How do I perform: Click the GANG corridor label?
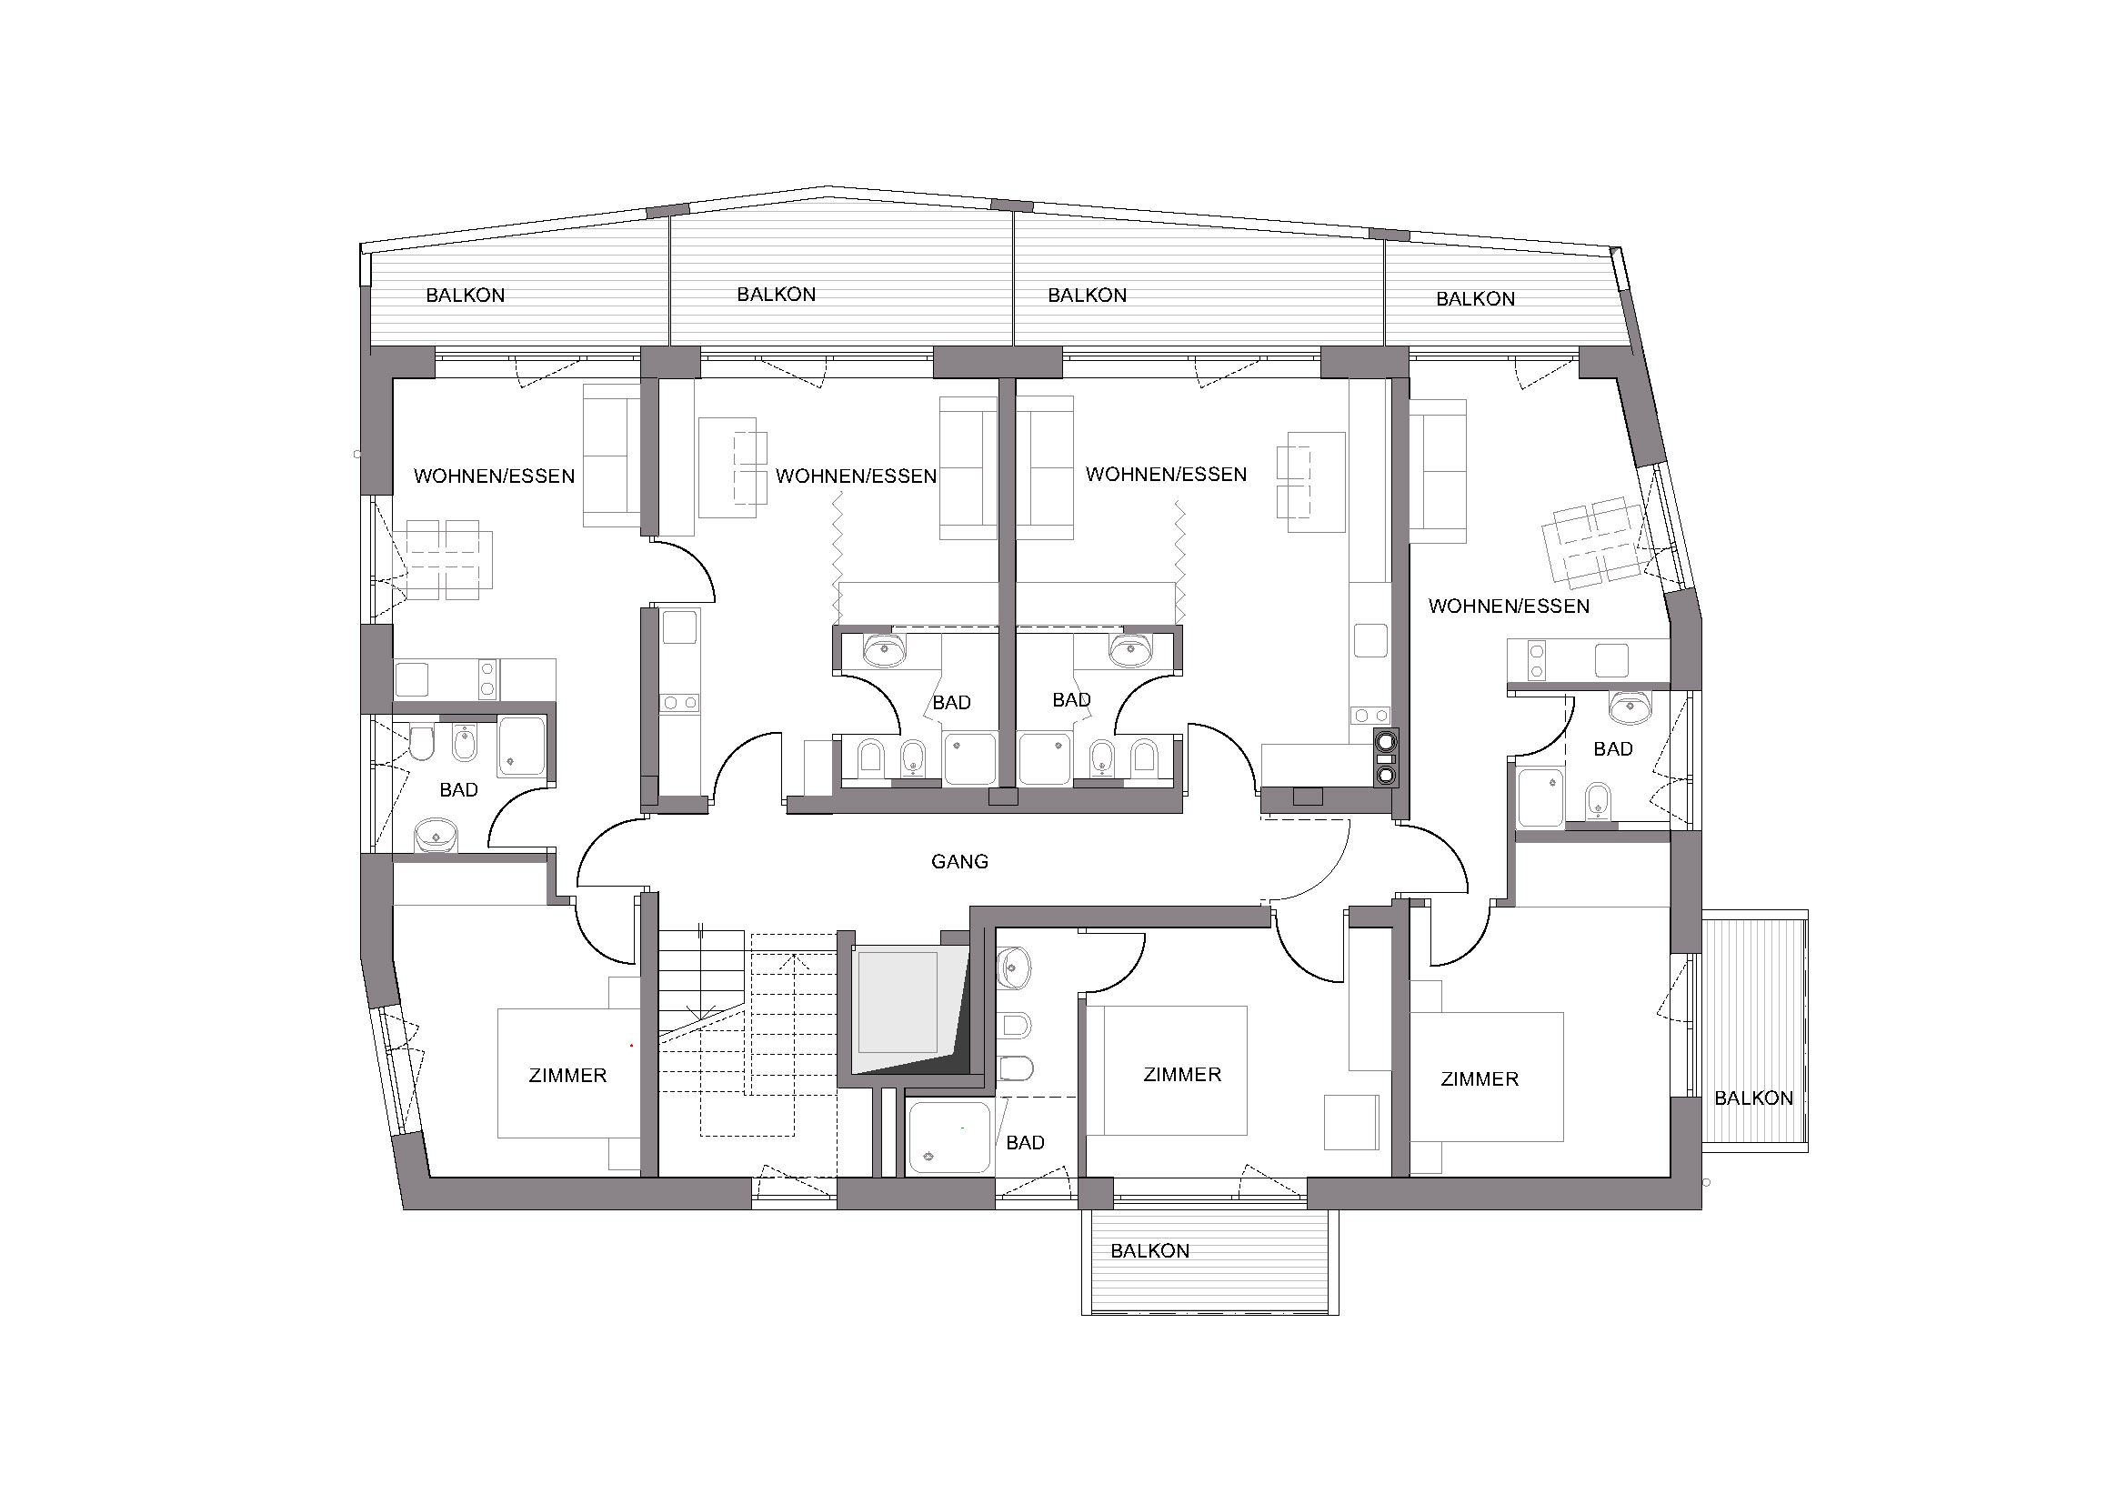(x=958, y=861)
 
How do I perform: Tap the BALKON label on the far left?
(x=465, y=296)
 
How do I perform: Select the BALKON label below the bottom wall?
(x=1149, y=1251)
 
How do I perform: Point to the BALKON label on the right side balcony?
(x=1753, y=1098)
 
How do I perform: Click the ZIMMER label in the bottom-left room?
(x=567, y=1075)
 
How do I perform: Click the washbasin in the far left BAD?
(x=436, y=836)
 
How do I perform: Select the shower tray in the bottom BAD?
(x=948, y=1138)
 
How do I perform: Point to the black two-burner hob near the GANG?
(x=1386, y=757)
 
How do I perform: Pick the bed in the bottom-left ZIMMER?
(x=567, y=1074)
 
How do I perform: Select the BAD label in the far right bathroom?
(x=1613, y=749)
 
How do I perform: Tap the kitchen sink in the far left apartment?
(x=412, y=679)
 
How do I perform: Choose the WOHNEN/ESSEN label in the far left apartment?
(x=494, y=476)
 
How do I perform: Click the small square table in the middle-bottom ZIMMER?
(x=1350, y=1122)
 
